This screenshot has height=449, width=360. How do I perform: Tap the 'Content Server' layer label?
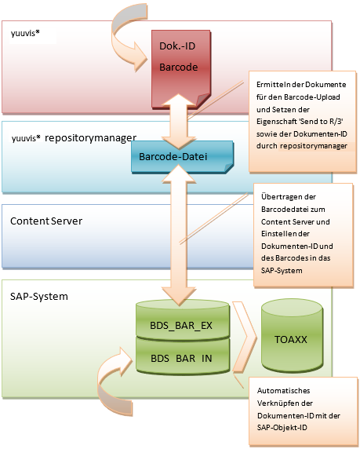pos(46,221)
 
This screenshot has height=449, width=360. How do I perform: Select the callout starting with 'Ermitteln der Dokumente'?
pos(302,121)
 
